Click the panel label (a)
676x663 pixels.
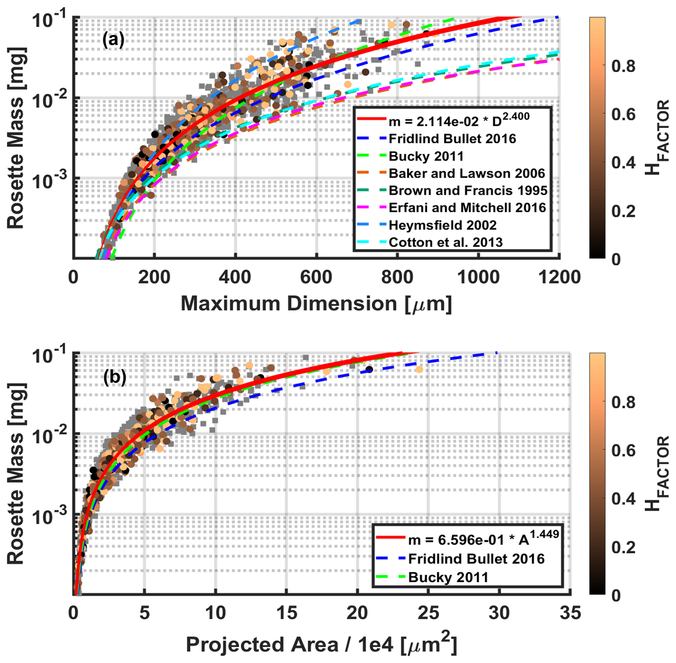click(x=113, y=40)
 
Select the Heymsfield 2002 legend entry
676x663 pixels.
click(x=442, y=225)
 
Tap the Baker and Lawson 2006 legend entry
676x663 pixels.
click(x=467, y=174)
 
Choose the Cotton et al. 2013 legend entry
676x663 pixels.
click(x=446, y=243)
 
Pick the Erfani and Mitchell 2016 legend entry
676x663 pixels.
click(x=467, y=208)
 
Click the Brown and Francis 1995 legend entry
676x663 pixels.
click(x=468, y=191)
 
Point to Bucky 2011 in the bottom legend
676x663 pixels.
click(x=448, y=577)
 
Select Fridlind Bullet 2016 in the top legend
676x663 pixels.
click(x=452, y=139)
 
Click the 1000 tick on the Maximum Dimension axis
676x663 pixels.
click(x=478, y=277)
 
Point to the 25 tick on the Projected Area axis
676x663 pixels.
click(x=428, y=613)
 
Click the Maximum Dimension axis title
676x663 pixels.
click(x=316, y=304)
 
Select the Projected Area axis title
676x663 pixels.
click(x=321, y=645)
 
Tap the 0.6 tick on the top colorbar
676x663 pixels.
click(x=623, y=114)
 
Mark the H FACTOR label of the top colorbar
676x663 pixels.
click(x=656, y=138)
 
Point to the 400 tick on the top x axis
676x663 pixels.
click(x=235, y=277)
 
